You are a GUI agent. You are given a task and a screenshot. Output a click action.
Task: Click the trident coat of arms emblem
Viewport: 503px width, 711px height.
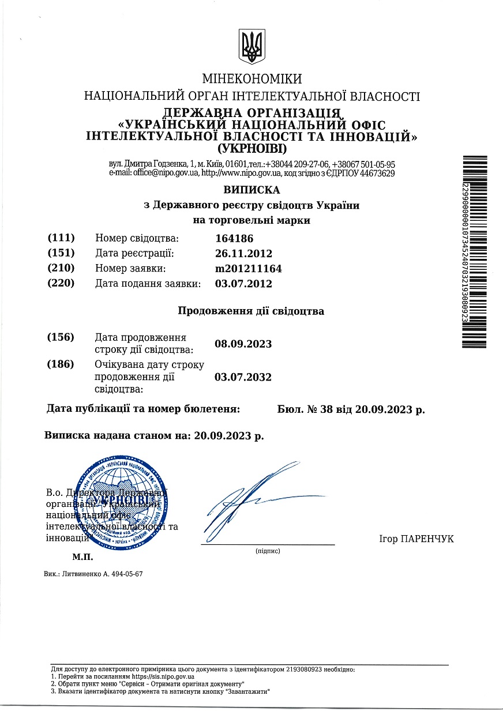[251, 47]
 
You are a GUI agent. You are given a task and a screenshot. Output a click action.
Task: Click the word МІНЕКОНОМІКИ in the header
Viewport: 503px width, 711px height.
[251, 79]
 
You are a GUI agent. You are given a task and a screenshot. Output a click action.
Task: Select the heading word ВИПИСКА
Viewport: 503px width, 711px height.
[251, 190]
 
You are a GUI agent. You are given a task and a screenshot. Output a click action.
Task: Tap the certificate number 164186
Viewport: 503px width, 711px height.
[234, 238]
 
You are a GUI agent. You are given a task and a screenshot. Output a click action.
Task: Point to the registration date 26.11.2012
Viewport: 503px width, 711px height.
[243, 253]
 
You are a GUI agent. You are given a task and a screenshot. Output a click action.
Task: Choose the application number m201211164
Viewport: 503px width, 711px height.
[248, 268]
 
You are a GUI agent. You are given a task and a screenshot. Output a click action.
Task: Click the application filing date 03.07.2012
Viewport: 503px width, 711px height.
[243, 283]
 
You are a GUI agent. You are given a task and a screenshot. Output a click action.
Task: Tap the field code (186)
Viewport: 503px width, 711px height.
[61, 364]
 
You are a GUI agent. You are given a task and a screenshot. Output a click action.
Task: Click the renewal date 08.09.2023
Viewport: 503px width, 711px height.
[243, 344]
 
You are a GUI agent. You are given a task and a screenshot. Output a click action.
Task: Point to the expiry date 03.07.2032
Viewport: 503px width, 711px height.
[243, 377]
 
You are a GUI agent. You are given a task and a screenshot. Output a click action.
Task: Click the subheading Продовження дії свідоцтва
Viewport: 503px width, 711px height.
[251, 311]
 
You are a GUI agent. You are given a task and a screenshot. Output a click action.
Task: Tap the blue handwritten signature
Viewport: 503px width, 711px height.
[254, 498]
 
